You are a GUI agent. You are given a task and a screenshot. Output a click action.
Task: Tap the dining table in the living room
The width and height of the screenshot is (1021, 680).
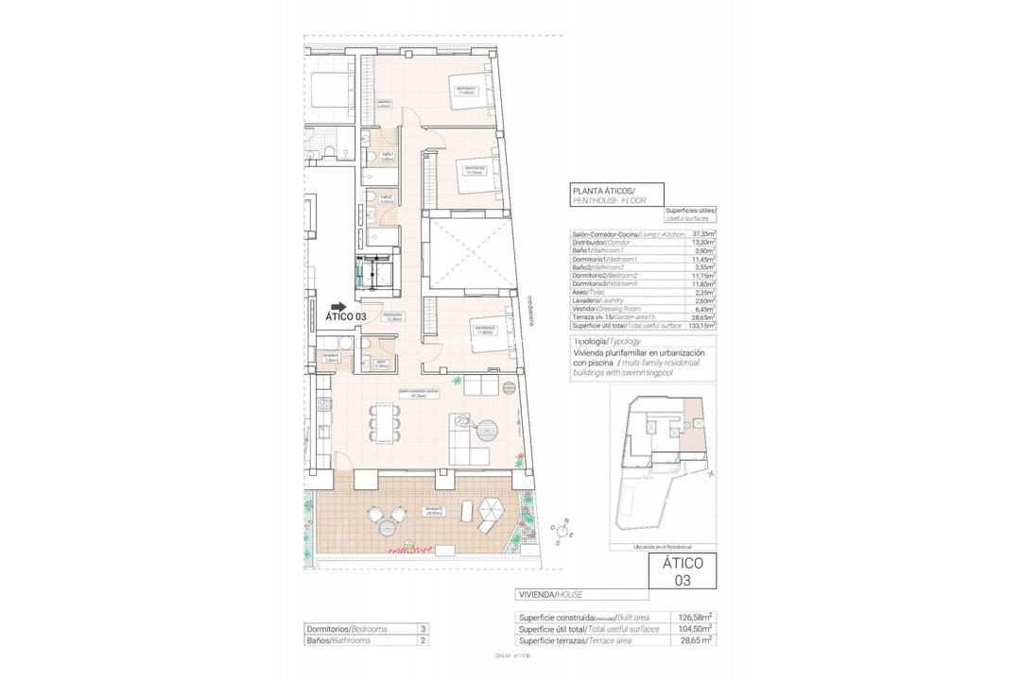click(x=382, y=425)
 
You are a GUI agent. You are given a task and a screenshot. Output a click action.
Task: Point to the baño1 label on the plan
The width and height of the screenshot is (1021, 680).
click(x=387, y=157)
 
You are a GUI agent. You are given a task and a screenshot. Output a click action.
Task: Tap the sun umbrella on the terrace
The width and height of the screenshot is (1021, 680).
click(x=491, y=511)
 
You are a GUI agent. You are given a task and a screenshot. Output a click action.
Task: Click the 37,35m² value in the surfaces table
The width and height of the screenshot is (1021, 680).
click(x=701, y=233)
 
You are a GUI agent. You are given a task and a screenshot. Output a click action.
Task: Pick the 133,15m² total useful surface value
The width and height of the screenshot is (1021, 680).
click(x=701, y=325)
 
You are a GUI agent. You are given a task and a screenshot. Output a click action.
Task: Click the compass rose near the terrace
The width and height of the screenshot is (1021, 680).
click(x=563, y=532)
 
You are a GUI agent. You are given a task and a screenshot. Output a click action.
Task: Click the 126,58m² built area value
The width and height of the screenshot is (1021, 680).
click(x=694, y=618)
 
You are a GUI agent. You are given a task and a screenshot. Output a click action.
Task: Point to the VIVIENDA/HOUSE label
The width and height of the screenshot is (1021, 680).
click(x=551, y=594)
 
